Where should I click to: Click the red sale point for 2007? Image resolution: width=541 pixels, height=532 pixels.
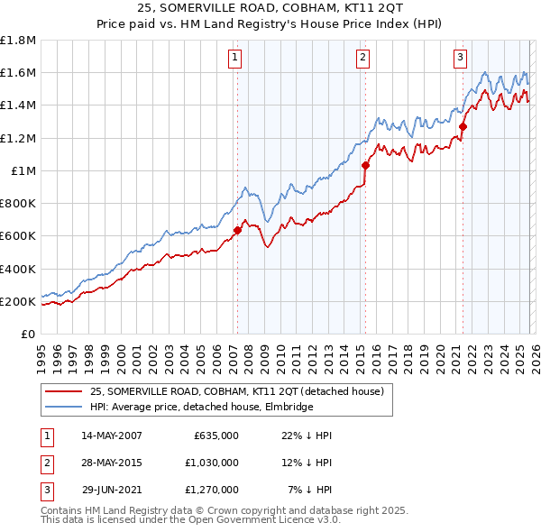[237, 230]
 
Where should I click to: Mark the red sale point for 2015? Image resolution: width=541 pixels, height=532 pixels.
[365, 165]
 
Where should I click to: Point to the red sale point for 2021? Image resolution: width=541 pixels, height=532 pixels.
[463, 126]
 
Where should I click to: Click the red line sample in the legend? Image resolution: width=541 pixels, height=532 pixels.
[65, 391]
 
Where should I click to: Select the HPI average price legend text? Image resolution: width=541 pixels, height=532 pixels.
[201, 408]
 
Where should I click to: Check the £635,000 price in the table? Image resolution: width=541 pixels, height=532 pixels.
[215, 436]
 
